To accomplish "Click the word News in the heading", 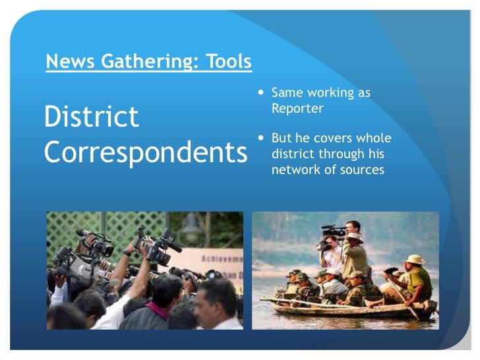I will (65, 62).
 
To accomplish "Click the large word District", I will (91, 117).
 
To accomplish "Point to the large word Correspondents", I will (144, 152).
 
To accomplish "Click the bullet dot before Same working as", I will (262, 94).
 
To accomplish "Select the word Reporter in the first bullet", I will (297, 109).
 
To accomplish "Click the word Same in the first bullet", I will (286, 94).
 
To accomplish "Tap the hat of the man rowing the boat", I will (415, 259).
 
